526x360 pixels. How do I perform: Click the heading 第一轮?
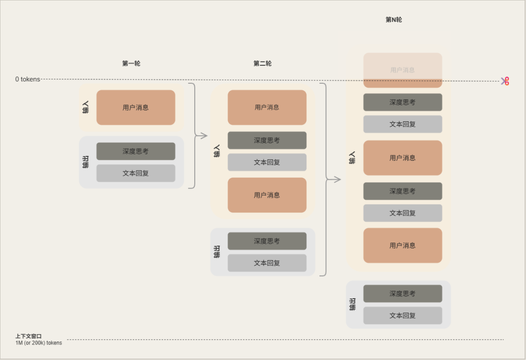(x=131, y=63)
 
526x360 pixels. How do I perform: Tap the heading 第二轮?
(x=263, y=63)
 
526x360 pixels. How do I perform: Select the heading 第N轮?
(x=394, y=20)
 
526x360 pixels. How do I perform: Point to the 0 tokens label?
(x=27, y=79)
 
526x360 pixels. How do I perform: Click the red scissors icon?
(x=505, y=81)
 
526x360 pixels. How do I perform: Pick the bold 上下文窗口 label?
(x=28, y=336)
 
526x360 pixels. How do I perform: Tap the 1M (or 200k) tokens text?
(x=38, y=343)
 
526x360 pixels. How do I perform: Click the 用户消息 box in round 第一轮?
(x=135, y=107)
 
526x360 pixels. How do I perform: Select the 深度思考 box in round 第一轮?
(x=135, y=151)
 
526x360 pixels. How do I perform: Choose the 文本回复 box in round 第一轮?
(x=135, y=173)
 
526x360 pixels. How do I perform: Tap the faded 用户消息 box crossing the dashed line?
(x=402, y=70)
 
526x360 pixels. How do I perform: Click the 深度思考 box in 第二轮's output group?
(x=267, y=241)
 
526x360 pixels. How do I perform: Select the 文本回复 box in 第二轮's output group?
(x=267, y=263)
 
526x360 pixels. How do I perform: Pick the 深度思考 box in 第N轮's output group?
(x=402, y=293)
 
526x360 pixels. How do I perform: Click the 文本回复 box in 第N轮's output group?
(x=402, y=315)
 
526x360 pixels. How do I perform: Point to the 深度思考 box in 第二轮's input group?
(x=267, y=140)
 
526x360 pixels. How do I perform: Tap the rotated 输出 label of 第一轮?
(x=86, y=162)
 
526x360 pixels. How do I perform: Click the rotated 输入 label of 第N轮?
(x=352, y=157)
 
